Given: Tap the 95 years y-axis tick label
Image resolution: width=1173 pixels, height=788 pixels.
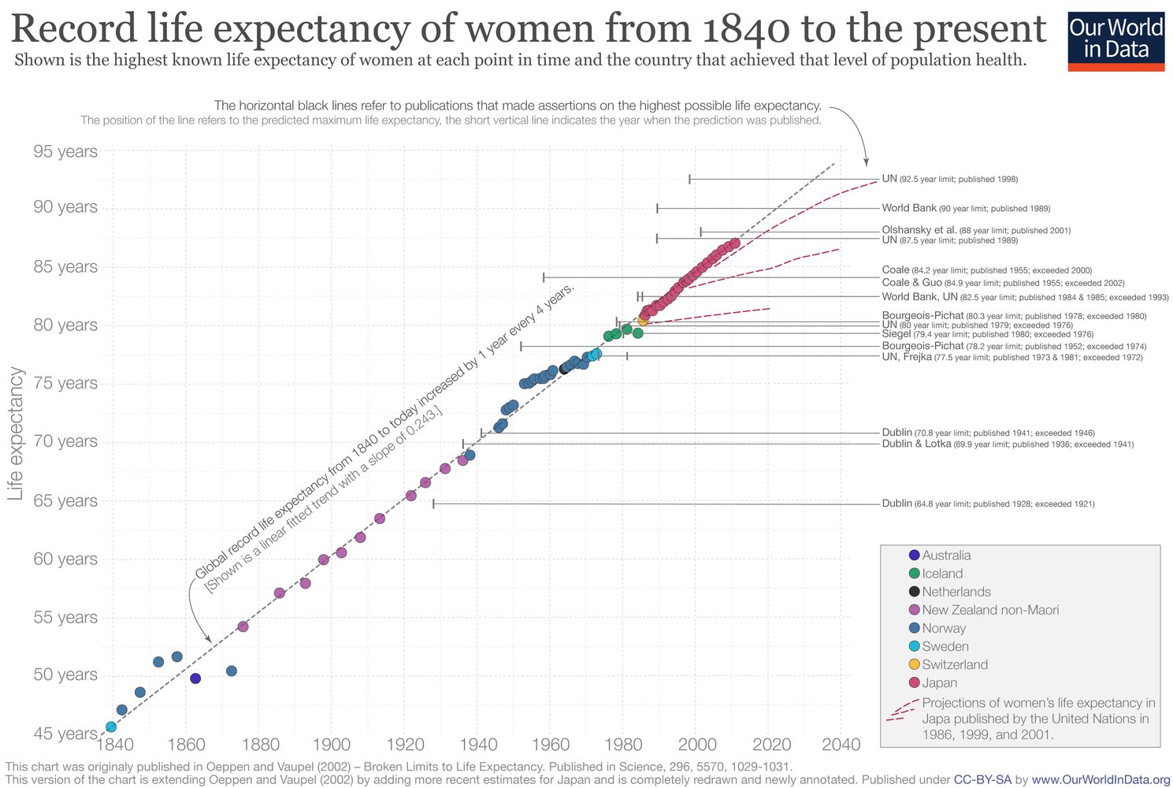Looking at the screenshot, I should tap(65, 151).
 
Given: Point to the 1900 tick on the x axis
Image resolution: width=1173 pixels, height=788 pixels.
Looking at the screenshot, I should tap(332, 745).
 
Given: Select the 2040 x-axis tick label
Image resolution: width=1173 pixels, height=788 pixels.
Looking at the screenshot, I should tap(841, 745).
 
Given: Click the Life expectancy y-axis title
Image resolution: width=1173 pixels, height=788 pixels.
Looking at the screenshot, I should tap(16, 434).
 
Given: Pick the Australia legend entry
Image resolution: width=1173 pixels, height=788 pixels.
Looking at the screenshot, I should tap(946, 556).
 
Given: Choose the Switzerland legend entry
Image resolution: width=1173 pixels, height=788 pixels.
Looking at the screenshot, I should tap(954, 664).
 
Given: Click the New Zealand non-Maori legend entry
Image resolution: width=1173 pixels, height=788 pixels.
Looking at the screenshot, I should tap(989, 610).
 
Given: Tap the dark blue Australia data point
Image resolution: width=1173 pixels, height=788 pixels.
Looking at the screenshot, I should tap(195, 678).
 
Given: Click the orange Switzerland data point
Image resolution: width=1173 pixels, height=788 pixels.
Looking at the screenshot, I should tap(643, 321).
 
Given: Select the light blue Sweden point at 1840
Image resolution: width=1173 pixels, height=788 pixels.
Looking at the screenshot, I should tap(111, 727).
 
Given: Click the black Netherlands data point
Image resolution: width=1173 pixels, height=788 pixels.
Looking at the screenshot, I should tap(564, 368).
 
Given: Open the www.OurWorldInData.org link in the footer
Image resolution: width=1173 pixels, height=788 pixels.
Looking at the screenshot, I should tap(1101, 779).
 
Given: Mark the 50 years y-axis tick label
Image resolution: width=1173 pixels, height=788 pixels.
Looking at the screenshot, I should tap(65, 675).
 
